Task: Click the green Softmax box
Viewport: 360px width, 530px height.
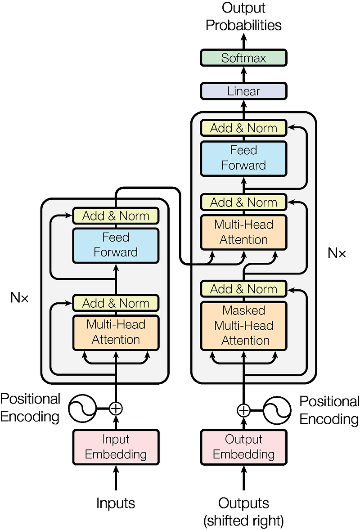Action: click(x=243, y=58)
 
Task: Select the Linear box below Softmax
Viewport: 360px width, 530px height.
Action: click(x=243, y=91)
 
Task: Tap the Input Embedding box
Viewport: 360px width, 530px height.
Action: click(x=116, y=447)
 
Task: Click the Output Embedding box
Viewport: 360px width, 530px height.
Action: click(x=243, y=447)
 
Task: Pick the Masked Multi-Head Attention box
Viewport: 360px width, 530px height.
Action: click(x=243, y=325)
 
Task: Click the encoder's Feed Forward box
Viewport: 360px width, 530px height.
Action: click(x=116, y=245)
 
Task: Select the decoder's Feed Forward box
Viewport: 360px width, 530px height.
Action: click(x=243, y=158)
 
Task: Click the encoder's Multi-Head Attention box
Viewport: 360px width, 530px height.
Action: click(x=116, y=332)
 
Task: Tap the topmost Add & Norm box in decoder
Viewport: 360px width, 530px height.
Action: click(x=243, y=128)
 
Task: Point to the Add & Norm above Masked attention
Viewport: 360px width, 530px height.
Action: click(x=243, y=288)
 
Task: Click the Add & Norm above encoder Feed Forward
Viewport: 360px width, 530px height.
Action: click(x=116, y=216)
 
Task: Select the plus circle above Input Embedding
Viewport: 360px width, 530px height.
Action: click(x=116, y=408)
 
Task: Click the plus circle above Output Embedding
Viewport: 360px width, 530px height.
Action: click(x=243, y=410)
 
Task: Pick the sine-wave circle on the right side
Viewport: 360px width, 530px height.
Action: click(x=277, y=410)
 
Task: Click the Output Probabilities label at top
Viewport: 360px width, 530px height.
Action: click(x=243, y=17)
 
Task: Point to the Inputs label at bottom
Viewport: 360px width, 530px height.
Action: click(x=116, y=503)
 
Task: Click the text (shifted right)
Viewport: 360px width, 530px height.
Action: click(x=243, y=521)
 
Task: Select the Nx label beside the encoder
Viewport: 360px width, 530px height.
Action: click(x=19, y=297)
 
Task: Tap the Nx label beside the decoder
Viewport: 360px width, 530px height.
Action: click(x=337, y=253)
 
